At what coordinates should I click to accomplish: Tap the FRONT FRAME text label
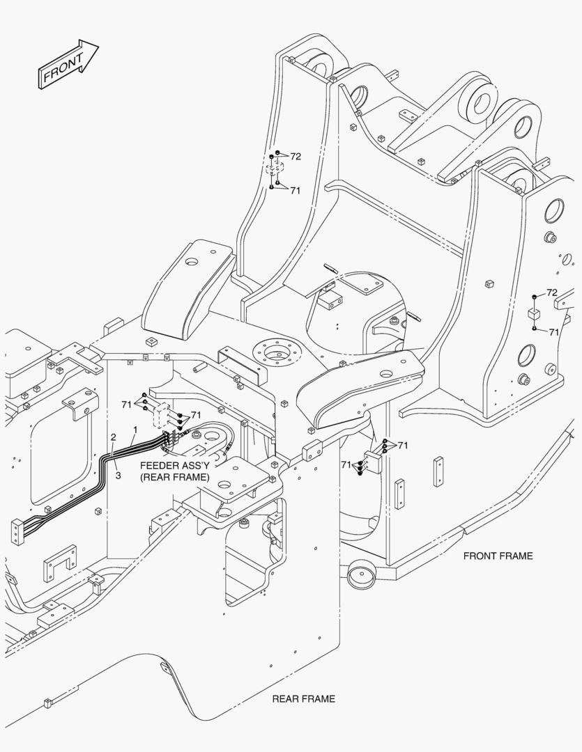coord(498,556)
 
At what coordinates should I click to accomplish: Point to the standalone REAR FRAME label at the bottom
coord(303,698)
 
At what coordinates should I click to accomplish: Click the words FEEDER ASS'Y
coord(174,465)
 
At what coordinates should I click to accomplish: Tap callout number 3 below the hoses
coord(118,476)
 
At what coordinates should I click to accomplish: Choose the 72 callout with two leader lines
coord(296,157)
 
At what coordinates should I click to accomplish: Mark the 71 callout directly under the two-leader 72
coord(295,190)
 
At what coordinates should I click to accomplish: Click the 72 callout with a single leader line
coord(551,292)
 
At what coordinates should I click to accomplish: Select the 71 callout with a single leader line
coord(553,332)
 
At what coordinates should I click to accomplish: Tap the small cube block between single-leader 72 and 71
coord(533,313)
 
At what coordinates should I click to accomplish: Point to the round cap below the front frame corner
coord(361,576)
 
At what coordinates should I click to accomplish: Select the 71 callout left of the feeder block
coord(126,404)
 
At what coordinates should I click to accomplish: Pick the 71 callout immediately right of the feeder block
coord(195,415)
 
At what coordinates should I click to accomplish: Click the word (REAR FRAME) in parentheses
coord(174,477)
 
